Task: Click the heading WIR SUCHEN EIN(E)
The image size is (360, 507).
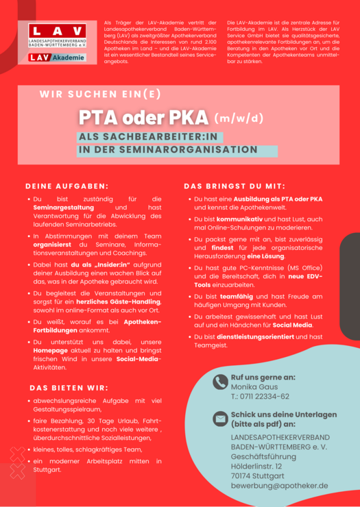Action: click(100, 95)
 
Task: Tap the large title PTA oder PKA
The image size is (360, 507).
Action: click(143, 117)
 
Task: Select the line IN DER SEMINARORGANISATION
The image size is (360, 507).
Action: click(168, 149)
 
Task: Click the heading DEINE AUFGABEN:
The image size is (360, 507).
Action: click(67, 186)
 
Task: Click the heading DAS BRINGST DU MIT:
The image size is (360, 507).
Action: click(235, 186)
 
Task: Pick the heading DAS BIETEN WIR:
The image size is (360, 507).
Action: click(71, 388)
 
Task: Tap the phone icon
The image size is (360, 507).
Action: click(220, 382)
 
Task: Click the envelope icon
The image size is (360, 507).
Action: click(220, 419)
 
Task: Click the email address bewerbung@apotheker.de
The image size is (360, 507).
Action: click(279, 486)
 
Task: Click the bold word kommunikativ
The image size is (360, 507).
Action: click(242, 218)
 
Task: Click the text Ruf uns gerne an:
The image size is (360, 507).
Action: click(263, 377)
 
